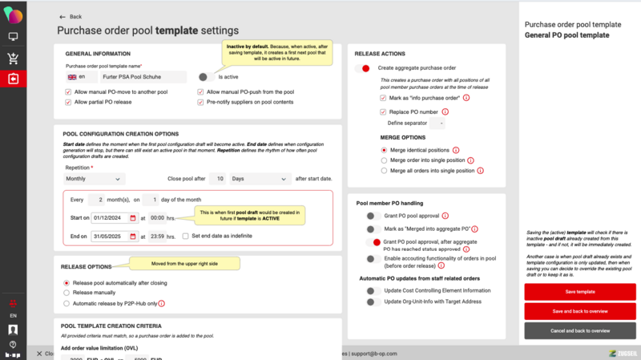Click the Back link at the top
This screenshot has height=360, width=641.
pos(71,16)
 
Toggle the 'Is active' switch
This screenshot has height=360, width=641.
pos(207,77)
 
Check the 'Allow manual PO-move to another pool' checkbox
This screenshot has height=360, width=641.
pos(69,92)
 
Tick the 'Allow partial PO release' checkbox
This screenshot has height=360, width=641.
pos(69,102)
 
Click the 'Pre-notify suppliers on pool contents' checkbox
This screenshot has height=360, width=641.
pos(200,102)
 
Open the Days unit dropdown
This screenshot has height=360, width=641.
pos(260,179)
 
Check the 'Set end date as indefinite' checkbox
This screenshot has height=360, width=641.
pos(185,236)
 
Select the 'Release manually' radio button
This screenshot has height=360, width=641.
pos(67,293)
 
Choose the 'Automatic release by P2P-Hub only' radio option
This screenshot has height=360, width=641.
pos(67,303)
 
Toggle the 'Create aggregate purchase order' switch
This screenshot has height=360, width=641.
pos(363,68)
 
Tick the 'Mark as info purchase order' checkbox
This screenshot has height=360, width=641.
pos(384,96)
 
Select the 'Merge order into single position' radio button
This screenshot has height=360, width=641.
pos(384,160)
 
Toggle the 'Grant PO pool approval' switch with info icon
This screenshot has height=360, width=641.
pos(371,216)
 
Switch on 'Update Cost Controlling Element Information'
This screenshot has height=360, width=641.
pos(371,289)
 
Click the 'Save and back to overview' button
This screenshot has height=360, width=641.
pos(580,310)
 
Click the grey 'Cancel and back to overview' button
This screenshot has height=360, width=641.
pos(580,330)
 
